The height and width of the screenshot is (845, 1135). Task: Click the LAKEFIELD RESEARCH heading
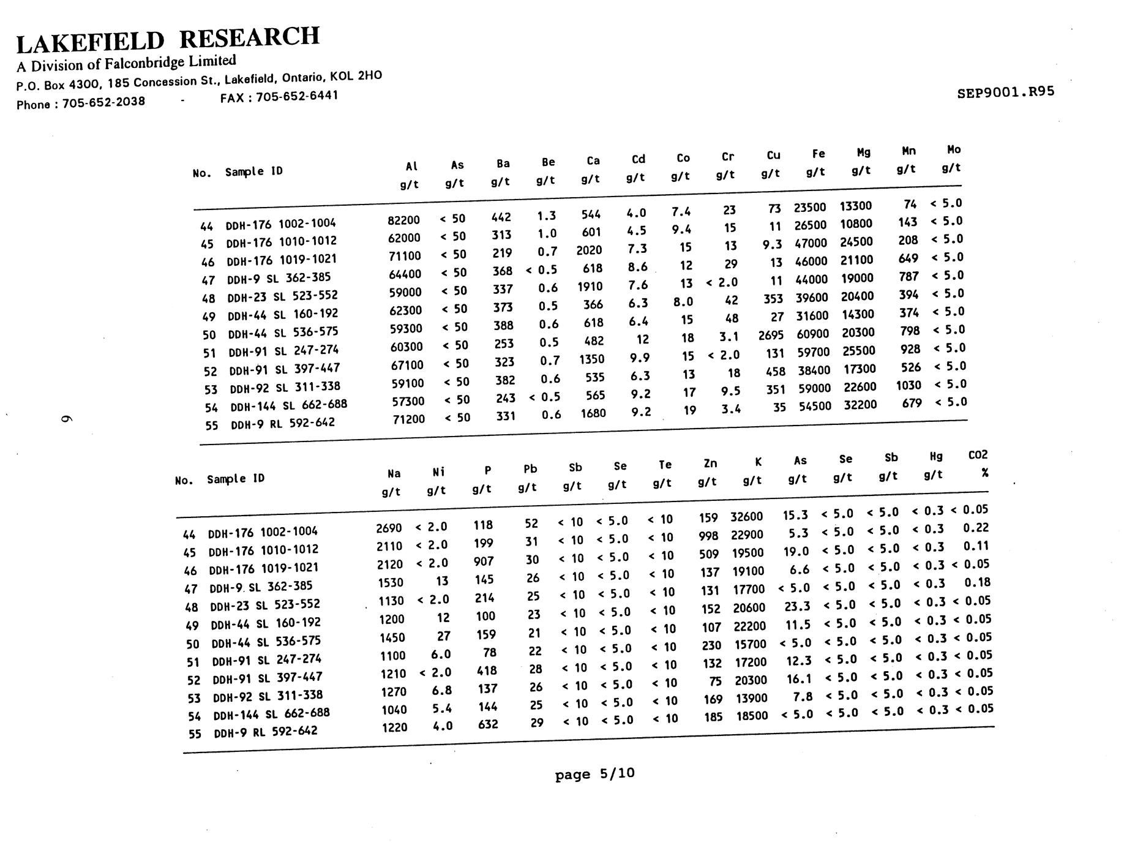(168, 39)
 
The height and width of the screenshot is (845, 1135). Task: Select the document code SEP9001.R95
(1005, 92)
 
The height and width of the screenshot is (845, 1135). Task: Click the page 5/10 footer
(594, 774)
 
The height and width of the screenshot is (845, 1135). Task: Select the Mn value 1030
(908, 385)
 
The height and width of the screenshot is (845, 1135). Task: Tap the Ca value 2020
(589, 250)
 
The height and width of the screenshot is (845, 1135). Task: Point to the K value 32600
(746, 517)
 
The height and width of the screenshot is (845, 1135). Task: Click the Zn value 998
(708, 536)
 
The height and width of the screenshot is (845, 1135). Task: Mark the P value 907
(483, 561)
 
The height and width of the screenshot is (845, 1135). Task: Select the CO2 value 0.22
(976, 528)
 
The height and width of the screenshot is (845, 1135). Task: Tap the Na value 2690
(389, 528)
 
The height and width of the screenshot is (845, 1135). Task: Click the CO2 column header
(978, 455)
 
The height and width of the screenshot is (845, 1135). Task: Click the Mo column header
(954, 149)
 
